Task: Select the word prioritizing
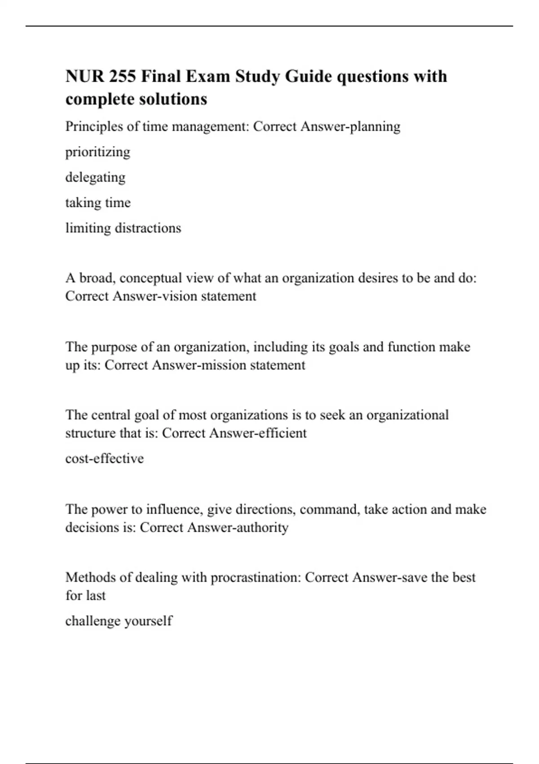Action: (97, 152)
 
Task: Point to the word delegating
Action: (95, 178)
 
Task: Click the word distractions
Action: (148, 228)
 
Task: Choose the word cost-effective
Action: (105, 458)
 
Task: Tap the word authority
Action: (262, 527)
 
